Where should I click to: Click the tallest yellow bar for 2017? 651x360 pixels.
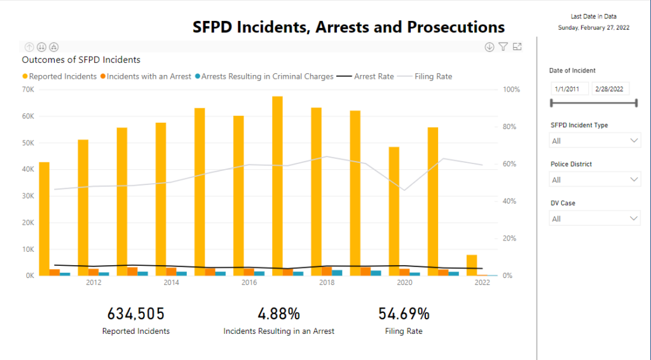tap(277, 184)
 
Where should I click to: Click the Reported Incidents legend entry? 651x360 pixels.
tap(63, 76)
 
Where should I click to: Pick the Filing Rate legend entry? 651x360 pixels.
tap(433, 76)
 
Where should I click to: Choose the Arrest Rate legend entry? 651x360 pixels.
tap(374, 76)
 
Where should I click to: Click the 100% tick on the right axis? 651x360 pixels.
tap(511, 90)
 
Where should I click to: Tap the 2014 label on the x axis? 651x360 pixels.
tap(171, 282)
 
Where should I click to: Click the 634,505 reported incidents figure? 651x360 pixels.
tap(136, 314)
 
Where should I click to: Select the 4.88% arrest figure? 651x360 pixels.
tap(278, 314)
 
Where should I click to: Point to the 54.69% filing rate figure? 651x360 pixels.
tap(404, 314)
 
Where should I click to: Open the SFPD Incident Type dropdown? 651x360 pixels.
tap(594, 141)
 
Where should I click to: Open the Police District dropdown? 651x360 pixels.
tap(594, 179)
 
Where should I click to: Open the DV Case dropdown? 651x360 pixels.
tap(594, 219)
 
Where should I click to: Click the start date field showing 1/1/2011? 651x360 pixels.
tap(570, 89)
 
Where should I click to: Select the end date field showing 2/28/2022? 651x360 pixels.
tap(610, 89)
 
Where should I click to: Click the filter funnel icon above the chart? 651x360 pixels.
tap(504, 46)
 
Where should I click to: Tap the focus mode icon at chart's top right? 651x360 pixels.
tap(517, 46)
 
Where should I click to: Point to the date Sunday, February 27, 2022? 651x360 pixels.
tap(593, 28)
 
